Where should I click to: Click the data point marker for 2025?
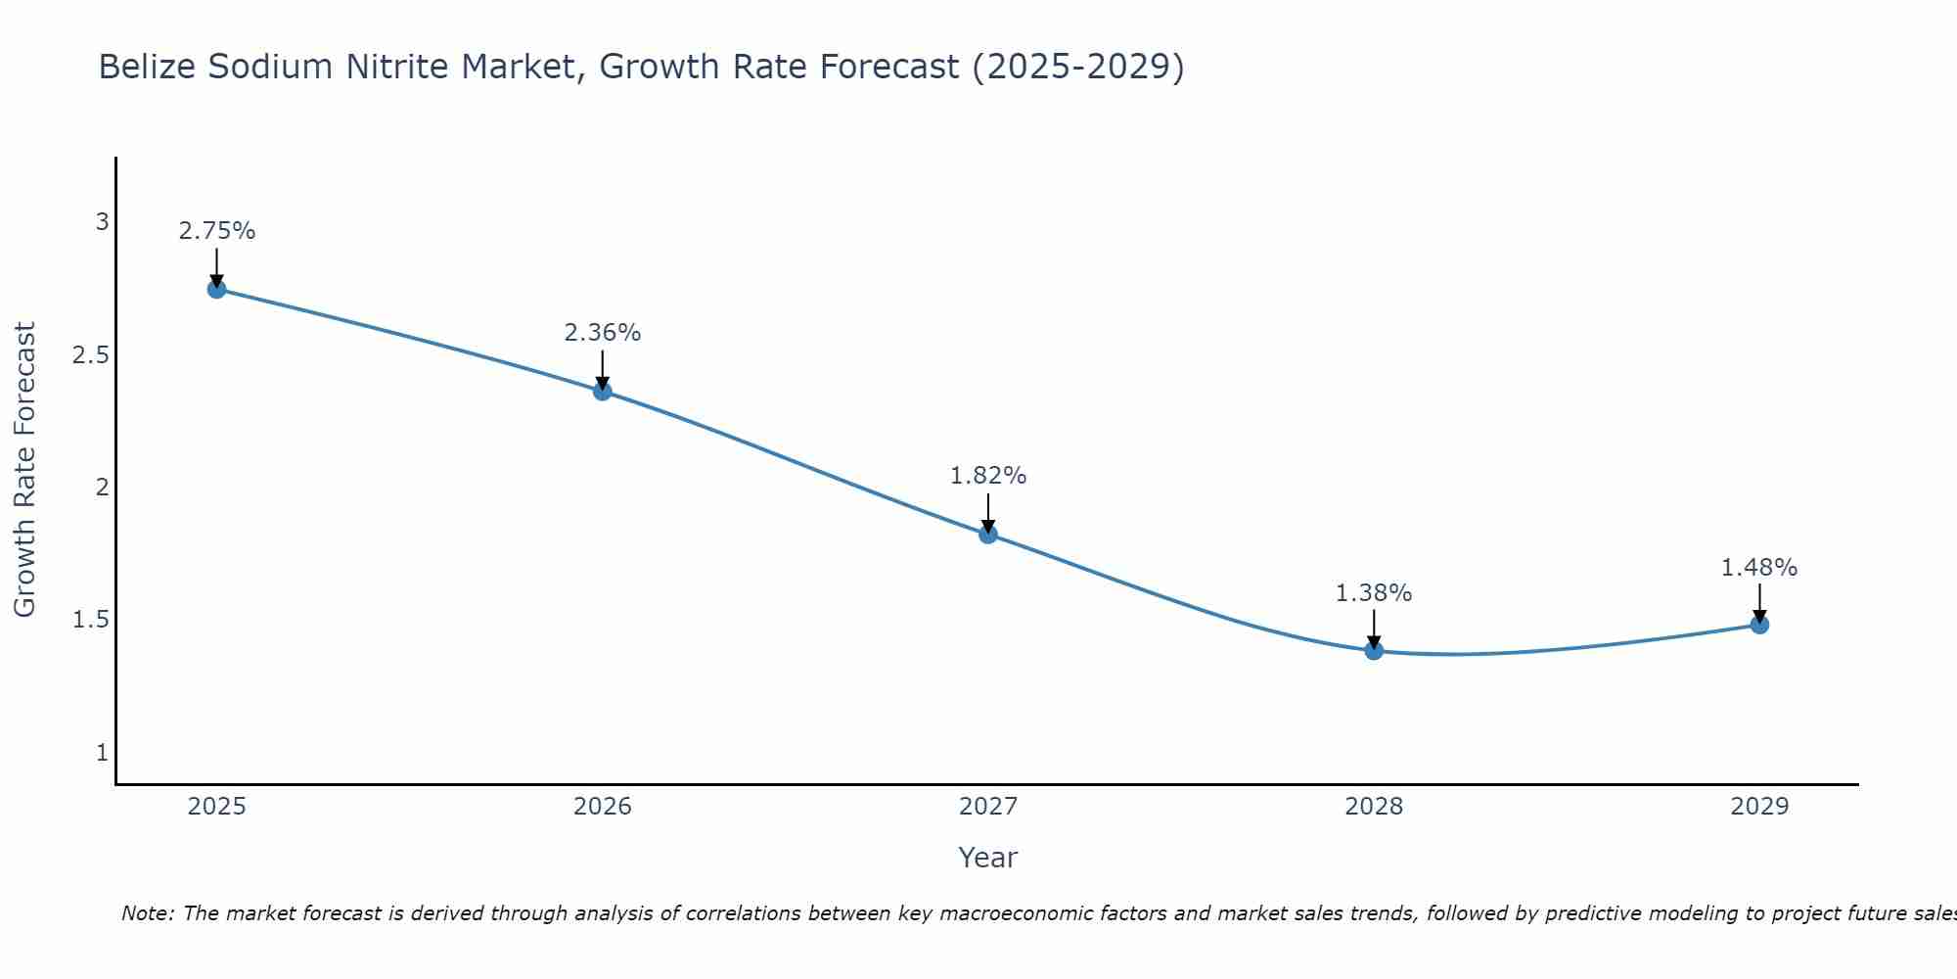[217, 289]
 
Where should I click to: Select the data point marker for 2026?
[603, 392]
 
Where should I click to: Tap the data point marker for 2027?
[988, 535]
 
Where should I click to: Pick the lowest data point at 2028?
[1374, 651]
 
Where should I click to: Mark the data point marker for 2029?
[1759, 625]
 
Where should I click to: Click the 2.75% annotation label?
[217, 231]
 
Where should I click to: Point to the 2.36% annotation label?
[603, 333]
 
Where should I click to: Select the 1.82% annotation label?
[988, 476]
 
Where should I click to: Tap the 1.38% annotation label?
[1374, 593]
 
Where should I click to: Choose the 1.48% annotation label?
[1759, 568]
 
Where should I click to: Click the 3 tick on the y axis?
[102, 222]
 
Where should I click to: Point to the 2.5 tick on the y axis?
[91, 354]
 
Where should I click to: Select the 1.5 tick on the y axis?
[91, 620]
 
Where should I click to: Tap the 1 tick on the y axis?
[102, 753]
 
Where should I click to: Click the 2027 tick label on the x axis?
[988, 807]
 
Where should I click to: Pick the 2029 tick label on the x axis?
[1759, 807]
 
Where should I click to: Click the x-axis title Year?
[988, 858]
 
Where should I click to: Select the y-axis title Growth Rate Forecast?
[24, 470]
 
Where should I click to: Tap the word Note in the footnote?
[147, 913]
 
